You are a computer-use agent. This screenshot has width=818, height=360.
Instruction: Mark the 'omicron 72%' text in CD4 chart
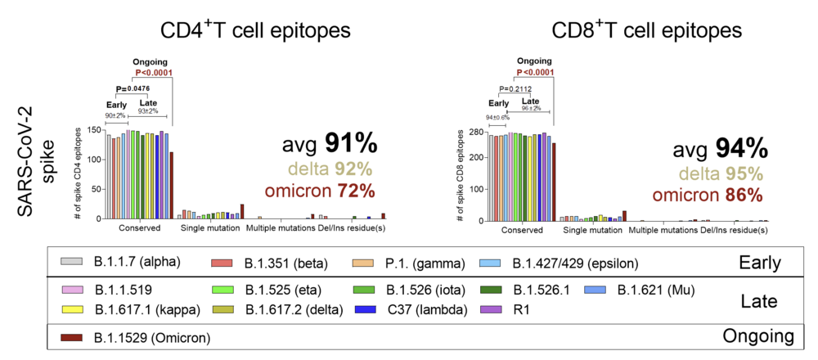point(319,191)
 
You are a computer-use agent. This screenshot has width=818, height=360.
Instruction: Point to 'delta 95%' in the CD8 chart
point(708,173)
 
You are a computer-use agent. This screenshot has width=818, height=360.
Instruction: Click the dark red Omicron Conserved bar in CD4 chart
point(172,185)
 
